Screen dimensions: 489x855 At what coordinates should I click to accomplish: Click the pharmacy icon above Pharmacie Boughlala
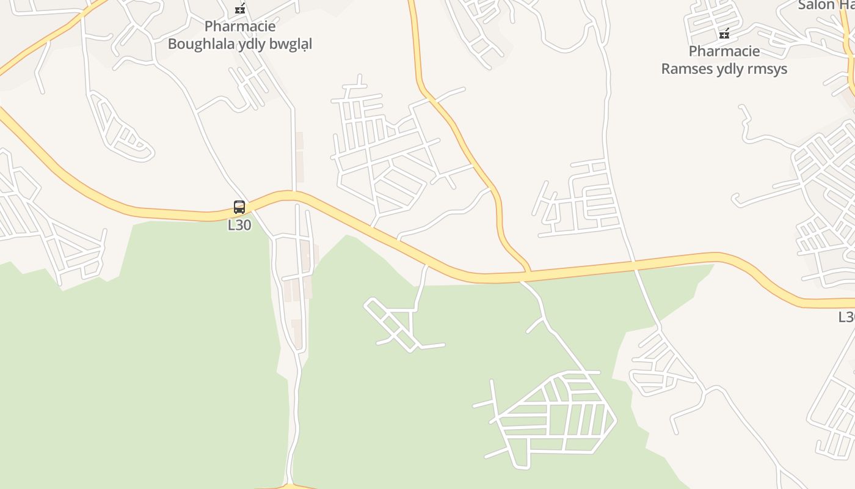coord(240,9)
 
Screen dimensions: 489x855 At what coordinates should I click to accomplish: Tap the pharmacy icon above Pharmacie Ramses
coord(724,34)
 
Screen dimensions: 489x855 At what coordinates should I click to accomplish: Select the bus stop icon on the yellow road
coord(239,207)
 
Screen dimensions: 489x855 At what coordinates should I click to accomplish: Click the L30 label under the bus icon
coord(239,225)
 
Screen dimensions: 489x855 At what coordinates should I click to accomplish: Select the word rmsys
coord(768,68)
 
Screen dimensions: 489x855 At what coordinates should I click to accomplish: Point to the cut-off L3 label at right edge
coord(846,317)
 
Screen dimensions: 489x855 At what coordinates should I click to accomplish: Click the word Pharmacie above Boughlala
coord(240,27)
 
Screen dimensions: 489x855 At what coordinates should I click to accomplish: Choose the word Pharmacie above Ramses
coord(724,51)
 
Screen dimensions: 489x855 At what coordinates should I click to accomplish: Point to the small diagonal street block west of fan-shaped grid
coord(397,324)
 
